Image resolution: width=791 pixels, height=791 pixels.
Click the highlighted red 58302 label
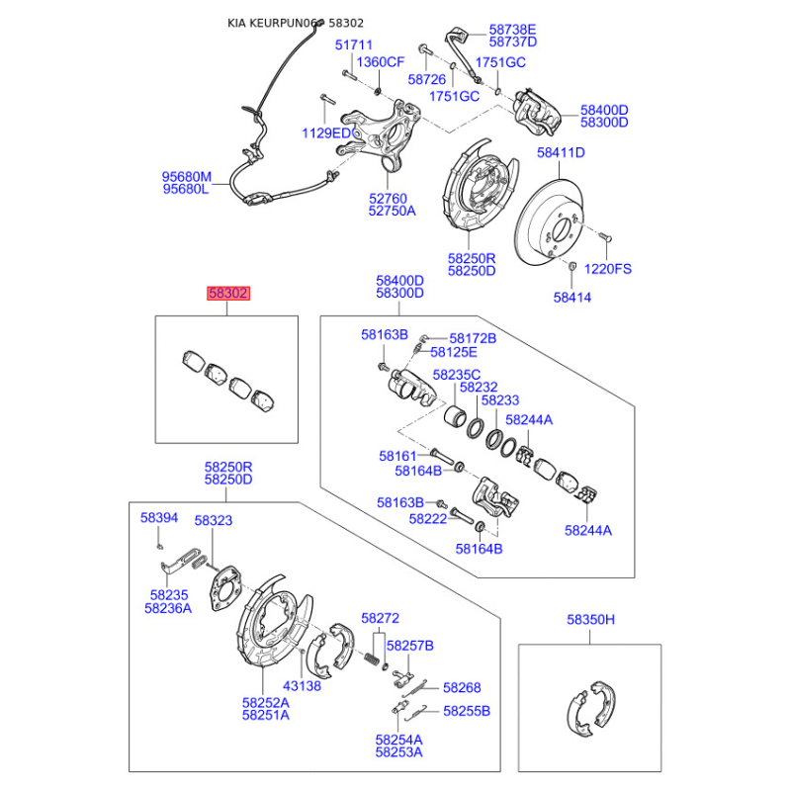click(x=228, y=293)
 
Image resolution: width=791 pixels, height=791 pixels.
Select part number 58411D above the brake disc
click(x=561, y=153)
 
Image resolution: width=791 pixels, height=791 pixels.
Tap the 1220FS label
click(x=608, y=269)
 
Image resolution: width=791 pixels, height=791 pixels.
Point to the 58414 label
click(x=572, y=298)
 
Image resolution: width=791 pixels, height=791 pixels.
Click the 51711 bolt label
click(x=354, y=44)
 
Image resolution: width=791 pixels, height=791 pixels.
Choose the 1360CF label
click(x=381, y=62)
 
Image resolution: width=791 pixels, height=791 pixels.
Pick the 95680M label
click(x=187, y=177)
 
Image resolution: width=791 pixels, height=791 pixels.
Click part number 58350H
click(x=590, y=620)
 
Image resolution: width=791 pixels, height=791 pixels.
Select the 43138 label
click(x=302, y=685)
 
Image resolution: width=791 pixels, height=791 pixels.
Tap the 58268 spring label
click(x=462, y=687)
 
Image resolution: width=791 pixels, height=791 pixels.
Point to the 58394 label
click(x=159, y=517)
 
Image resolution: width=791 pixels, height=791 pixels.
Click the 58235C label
click(x=457, y=375)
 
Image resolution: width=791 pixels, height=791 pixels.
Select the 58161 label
click(x=397, y=456)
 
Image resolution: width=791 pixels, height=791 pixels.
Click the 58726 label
click(x=427, y=79)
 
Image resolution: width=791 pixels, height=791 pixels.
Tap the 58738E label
click(x=512, y=30)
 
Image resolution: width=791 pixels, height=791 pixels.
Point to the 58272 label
click(x=380, y=618)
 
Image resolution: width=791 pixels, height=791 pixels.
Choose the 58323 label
click(x=214, y=520)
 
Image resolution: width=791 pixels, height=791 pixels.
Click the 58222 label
click(x=428, y=518)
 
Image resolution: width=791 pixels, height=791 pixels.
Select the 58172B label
click(x=473, y=338)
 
